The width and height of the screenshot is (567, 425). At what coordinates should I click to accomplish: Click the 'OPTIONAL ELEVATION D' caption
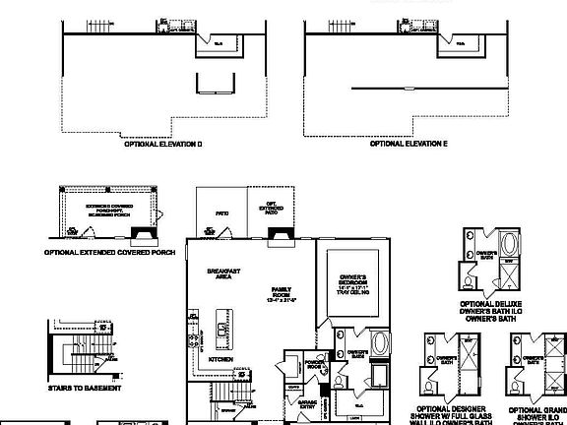click(x=162, y=144)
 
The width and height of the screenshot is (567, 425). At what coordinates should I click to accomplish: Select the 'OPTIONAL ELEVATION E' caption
click(x=409, y=144)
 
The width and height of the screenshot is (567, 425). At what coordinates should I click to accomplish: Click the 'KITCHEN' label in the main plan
click(x=220, y=360)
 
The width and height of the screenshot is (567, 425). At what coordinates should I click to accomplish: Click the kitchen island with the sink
click(x=221, y=327)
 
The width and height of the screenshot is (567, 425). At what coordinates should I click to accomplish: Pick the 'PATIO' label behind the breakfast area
click(x=221, y=213)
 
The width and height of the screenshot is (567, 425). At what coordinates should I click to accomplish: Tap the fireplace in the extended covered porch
click(x=144, y=234)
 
